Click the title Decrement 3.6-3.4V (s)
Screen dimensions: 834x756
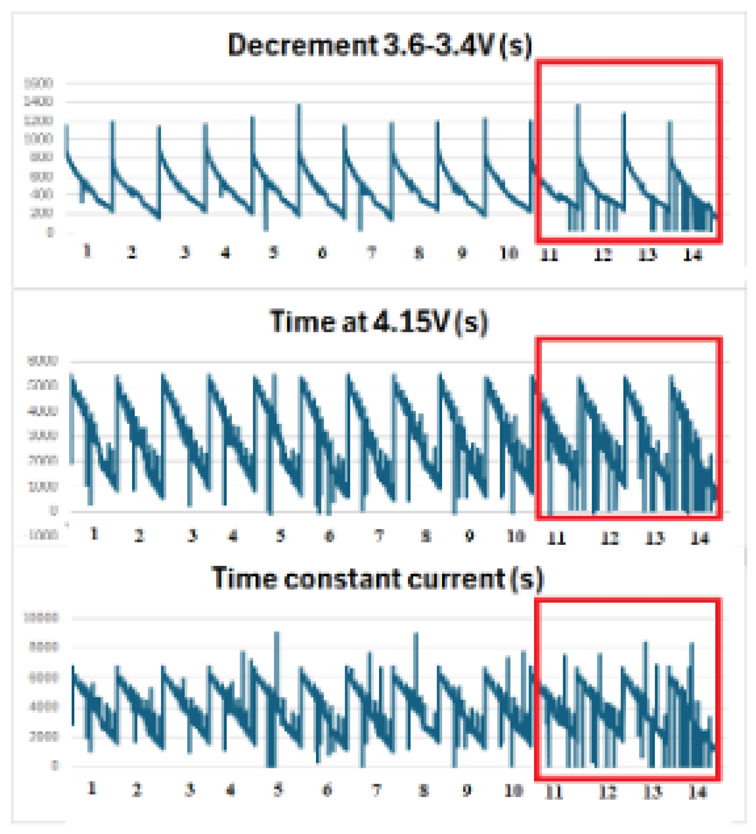[x=379, y=45]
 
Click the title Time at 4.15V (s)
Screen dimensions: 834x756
[x=378, y=322]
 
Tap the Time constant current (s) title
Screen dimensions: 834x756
[x=377, y=579]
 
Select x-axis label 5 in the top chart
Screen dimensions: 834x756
[x=273, y=253]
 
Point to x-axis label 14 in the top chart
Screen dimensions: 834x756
[x=692, y=255]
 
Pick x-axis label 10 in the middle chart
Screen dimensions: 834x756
[x=516, y=536]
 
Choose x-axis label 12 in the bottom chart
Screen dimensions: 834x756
[x=608, y=792]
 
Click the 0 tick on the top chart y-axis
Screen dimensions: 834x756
[x=50, y=232]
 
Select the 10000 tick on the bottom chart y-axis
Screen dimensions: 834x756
[x=40, y=618]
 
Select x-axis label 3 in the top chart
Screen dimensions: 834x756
[x=185, y=253]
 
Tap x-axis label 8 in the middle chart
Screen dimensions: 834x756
[x=426, y=536]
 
